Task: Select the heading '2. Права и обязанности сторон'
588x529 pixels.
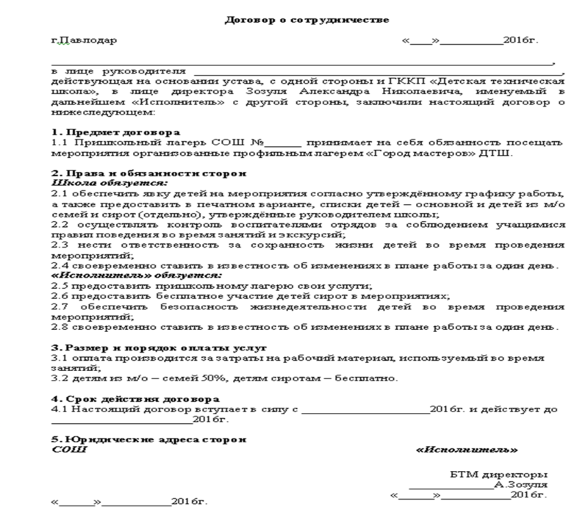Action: pos(118,172)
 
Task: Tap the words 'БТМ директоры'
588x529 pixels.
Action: pos(498,474)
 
